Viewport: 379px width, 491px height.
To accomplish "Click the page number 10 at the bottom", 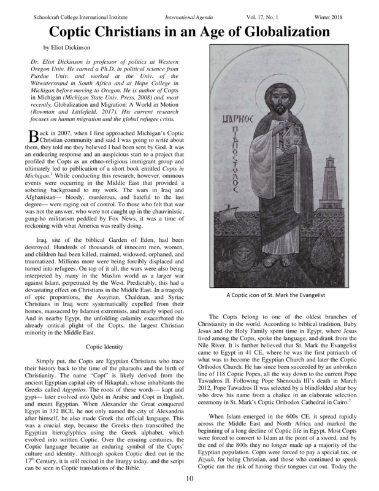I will click(x=189, y=479).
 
